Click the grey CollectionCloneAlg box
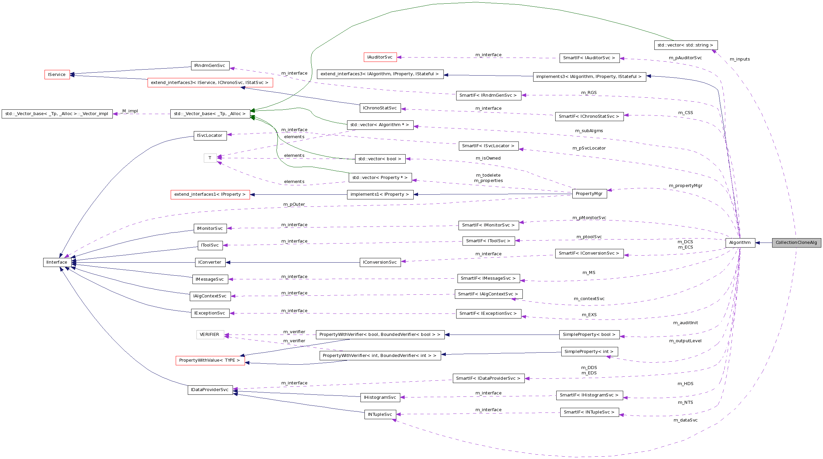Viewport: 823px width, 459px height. (796, 243)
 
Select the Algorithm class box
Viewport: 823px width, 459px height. (740, 243)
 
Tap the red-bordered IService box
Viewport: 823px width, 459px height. (57, 75)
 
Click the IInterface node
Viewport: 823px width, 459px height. (57, 262)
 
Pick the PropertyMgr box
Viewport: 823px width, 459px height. (589, 194)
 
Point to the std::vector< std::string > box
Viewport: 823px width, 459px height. (685, 45)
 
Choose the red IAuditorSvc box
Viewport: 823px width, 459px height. (380, 57)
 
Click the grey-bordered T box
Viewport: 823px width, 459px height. (210, 158)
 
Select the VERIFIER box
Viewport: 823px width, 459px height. (210, 335)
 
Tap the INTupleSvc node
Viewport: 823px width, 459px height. (380, 415)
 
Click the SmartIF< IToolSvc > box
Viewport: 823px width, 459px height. (488, 241)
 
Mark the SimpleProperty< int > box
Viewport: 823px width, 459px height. (589, 352)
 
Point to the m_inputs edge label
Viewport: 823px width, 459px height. (740, 59)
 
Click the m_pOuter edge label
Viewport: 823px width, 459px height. (294, 204)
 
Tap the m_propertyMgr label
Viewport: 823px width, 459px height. (685, 186)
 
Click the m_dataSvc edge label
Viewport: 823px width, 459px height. (685, 420)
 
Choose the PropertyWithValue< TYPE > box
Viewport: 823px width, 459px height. (210, 360)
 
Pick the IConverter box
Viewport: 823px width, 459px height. (210, 262)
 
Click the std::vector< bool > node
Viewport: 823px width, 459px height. (380, 159)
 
